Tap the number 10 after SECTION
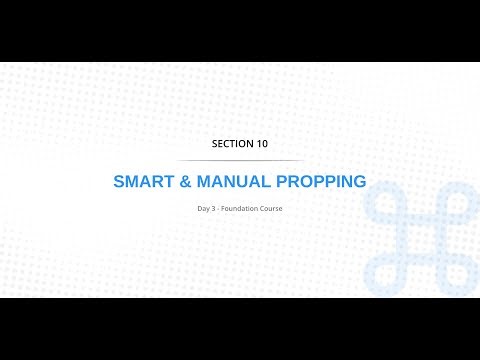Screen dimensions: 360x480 (x=260, y=144)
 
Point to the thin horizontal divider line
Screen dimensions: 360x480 (x=240, y=160)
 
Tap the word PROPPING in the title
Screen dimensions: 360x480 (x=321, y=182)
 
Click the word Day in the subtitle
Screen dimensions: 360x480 (x=204, y=208)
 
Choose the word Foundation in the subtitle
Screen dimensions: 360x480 (x=243, y=208)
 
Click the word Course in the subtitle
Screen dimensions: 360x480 (x=273, y=208)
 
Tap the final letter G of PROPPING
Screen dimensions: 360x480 (x=360, y=182)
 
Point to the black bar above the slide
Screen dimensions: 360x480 (x=240, y=30)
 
